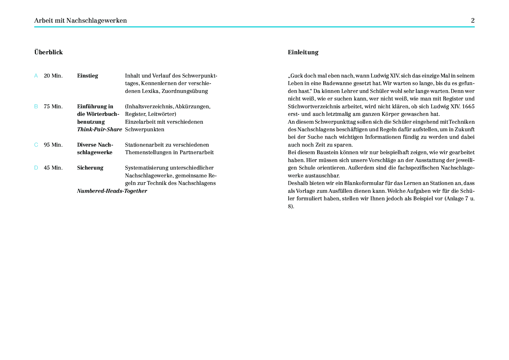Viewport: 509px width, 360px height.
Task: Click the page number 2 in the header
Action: coord(473,21)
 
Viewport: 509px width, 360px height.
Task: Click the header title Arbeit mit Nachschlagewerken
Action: coord(80,21)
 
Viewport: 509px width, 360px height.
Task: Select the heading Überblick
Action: coord(48,52)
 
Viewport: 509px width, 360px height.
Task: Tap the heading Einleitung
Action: coord(303,52)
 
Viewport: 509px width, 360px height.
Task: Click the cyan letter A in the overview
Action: coord(36,76)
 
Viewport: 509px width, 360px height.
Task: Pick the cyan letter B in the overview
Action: coord(36,107)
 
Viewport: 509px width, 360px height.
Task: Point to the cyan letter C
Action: coord(36,145)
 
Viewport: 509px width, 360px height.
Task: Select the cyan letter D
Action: coord(36,168)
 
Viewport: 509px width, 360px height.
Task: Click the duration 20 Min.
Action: coord(53,76)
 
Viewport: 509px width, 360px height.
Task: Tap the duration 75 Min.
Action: coord(53,107)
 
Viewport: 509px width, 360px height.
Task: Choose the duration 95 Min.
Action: coord(53,145)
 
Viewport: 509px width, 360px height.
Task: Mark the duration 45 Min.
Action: coord(53,168)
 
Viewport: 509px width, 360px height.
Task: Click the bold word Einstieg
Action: coord(87,76)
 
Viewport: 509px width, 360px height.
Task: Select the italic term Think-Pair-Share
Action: coord(100,129)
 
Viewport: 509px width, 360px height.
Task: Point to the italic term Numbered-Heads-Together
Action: coord(112,191)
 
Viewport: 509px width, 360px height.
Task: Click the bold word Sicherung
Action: coord(90,168)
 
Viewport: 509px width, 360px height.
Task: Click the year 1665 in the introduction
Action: coord(468,107)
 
